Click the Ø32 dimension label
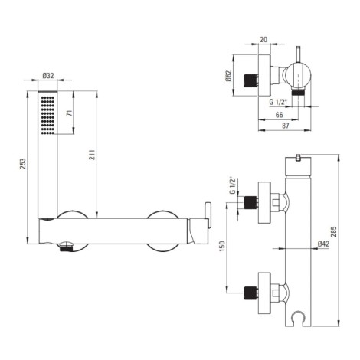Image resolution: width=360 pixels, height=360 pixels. click(x=48, y=76)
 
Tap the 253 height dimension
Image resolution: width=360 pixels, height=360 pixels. click(x=23, y=164)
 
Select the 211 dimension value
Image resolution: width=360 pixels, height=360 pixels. click(x=93, y=155)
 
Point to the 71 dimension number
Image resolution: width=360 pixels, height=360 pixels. click(x=70, y=113)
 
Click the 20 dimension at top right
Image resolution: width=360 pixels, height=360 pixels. click(x=263, y=40)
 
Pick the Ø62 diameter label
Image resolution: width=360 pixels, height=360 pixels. click(x=228, y=76)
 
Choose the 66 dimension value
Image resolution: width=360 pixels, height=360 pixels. click(x=279, y=115)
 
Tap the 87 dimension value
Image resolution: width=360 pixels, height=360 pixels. click(x=285, y=126)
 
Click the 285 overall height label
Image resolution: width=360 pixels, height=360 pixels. click(x=334, y=231)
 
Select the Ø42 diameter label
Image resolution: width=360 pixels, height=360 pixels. click(x=324, y=244)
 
